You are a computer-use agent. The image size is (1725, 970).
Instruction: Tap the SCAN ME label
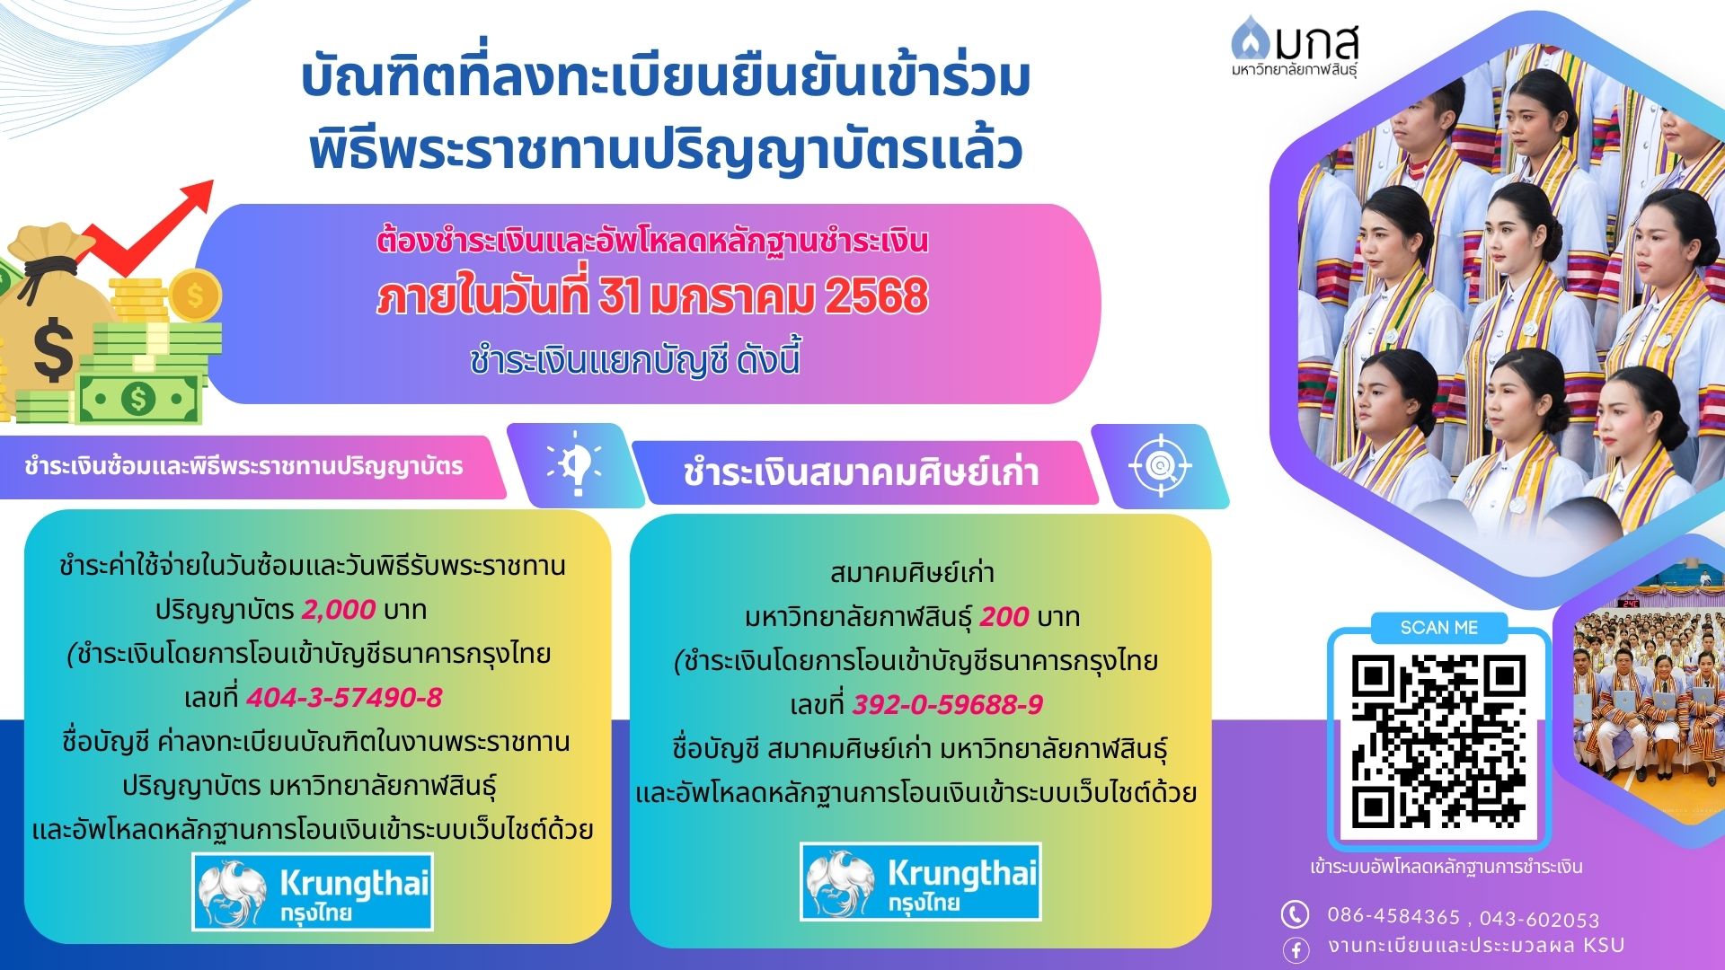pos(1439,628)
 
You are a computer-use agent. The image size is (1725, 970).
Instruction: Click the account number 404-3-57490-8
pos(344,698)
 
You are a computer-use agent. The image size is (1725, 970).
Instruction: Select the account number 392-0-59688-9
pos(948,705)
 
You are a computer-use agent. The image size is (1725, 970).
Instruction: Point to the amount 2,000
pos(339,610)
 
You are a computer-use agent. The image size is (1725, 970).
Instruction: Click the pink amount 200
pos(1004,617)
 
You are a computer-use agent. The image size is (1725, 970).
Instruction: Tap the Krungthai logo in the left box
pos(313,891)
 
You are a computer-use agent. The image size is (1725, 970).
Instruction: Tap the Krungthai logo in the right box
pos(920,881)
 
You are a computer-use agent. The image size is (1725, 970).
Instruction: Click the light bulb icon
pos(575,463)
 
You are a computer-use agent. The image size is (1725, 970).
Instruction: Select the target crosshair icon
pos(1160,465)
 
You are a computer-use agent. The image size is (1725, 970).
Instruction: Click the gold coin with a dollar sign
pos(195,295)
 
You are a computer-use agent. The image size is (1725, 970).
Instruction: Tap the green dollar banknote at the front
pos(138,399)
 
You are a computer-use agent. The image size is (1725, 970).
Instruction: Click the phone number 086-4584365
pos(1393,916)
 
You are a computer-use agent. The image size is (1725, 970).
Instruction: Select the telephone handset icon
pos(1294,914)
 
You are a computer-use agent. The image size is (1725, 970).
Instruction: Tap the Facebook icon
pos(1295,949)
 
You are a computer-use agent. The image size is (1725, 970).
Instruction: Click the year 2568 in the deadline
pos(876,296)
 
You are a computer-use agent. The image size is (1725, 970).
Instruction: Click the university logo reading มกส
pos(1295,47)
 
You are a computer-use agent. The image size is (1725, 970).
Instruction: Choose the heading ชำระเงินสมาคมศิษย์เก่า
pos(861,472)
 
